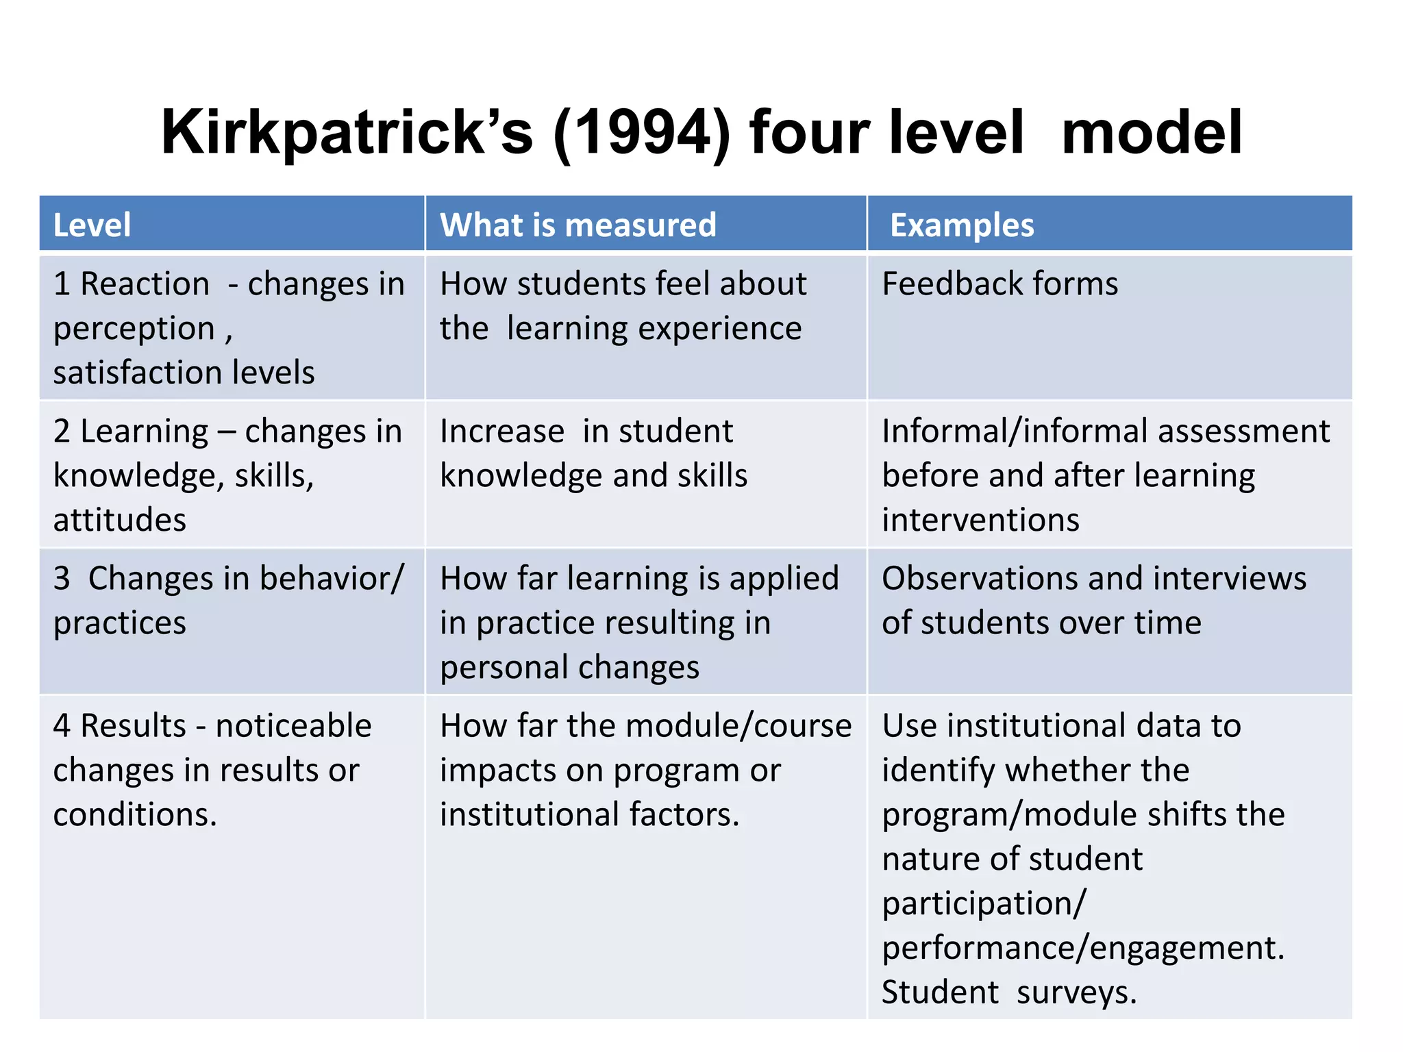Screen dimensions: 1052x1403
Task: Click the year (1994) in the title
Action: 643,133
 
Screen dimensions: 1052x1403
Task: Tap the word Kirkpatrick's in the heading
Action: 347,133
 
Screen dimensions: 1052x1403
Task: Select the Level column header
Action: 92,225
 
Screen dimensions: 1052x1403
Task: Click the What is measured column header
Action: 578,225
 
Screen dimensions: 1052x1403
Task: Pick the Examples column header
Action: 961,225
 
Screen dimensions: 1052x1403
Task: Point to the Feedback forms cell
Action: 1000,284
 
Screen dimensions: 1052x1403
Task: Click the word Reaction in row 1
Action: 145,284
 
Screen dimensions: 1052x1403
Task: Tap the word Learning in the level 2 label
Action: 144,431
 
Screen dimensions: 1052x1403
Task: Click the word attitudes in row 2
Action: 119,520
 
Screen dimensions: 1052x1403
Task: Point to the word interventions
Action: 980,520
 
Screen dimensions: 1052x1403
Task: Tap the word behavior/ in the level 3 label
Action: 332,579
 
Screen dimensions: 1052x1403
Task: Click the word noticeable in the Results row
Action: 293,726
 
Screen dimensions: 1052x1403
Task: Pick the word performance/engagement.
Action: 1082,949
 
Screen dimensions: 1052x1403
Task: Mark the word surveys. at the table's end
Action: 1076,993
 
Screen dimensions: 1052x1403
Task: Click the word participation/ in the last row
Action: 984,904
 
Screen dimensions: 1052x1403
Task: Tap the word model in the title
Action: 1152,133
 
